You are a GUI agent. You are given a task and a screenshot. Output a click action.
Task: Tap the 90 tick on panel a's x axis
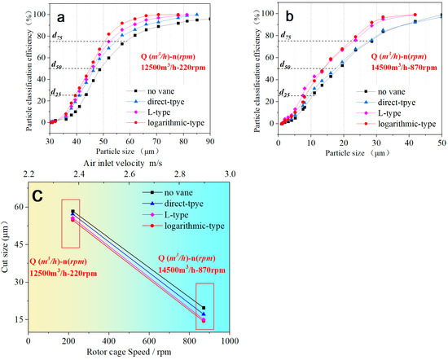pyautogui.click(x=210, y=141)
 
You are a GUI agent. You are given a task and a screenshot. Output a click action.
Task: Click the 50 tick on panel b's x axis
pyautogui.click(x=441, y=141)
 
